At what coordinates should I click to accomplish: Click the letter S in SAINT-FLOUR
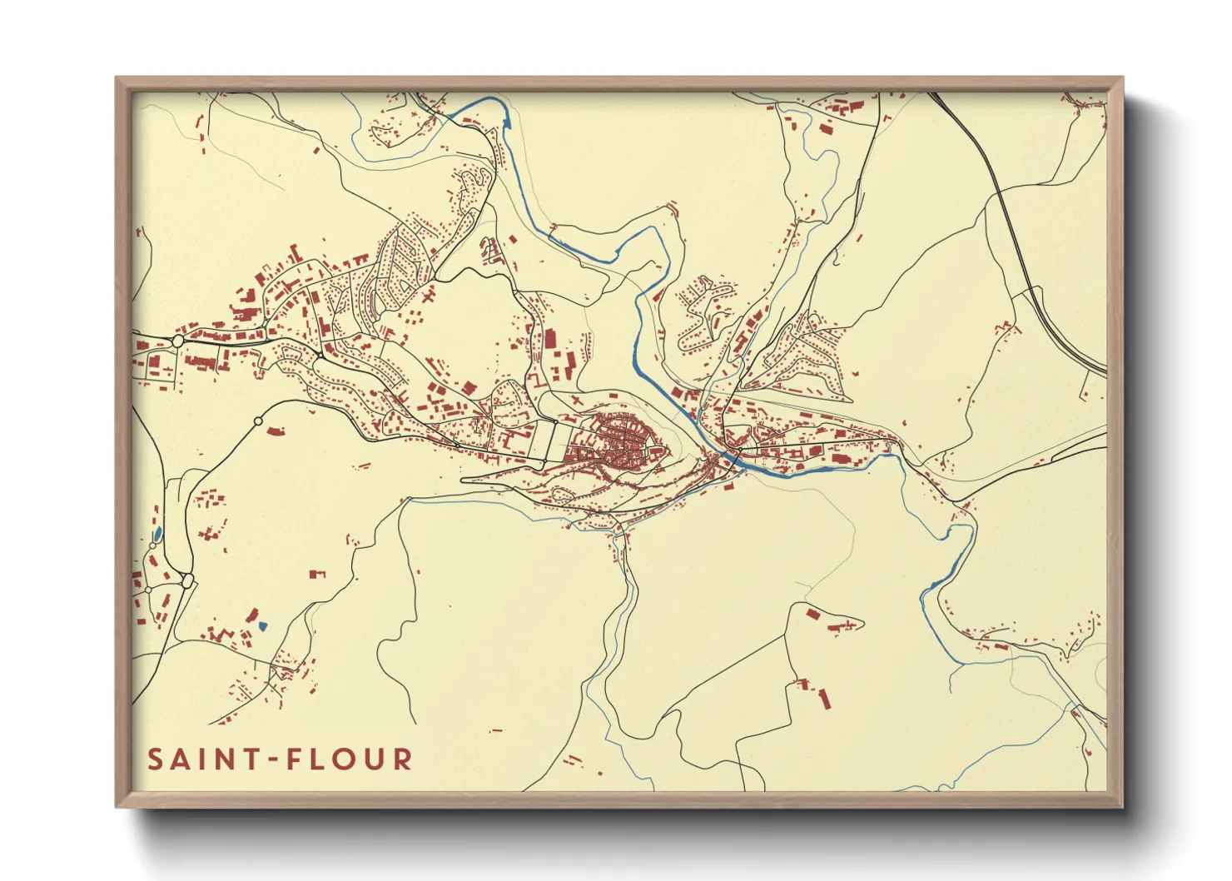(156, 759)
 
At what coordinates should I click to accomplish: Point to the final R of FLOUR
(403, 759)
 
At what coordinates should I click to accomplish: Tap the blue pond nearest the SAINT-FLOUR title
(263, 625)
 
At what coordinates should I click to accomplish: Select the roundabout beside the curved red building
(258, 422)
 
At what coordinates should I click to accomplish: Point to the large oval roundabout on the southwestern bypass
(187, 580)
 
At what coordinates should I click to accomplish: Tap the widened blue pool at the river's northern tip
(505, 122)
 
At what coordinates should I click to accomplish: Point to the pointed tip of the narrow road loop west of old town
(463, 480)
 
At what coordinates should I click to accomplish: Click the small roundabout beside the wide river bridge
(735, 451)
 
